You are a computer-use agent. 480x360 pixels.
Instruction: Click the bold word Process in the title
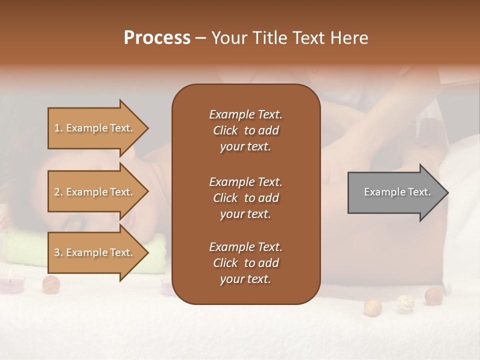(x=157, y=38)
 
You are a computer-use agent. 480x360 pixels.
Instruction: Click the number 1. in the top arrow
(x=58, y=128)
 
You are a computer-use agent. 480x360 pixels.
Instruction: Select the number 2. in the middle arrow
(x=58, y=192)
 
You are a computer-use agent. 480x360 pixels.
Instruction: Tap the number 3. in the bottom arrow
(x=58, y=252)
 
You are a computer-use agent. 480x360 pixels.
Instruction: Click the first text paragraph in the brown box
(x=245, y=130)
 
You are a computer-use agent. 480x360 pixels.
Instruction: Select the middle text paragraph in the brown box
(x=245, y=198)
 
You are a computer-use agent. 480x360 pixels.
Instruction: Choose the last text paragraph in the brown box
(x=245, y=263)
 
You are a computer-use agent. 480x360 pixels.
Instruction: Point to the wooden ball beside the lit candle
(x=50, y=284)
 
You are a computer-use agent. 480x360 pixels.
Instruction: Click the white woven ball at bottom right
(x=405, y=303)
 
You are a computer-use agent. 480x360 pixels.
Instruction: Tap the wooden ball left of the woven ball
(x=372, y=307)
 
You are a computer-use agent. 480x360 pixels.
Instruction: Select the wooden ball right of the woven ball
(x=433, y=296)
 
